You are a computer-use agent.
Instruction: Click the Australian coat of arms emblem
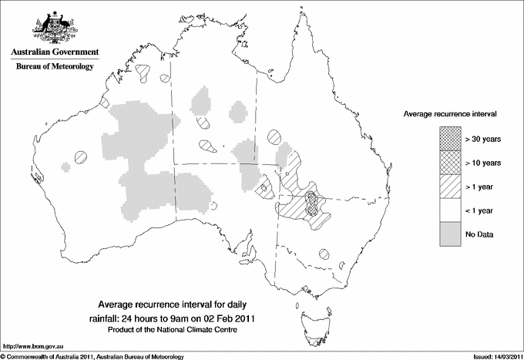point(54,28)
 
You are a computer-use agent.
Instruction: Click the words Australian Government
point(54,52)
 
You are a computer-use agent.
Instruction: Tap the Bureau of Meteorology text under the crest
point(55,67)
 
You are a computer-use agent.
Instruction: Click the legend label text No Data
point(479,234)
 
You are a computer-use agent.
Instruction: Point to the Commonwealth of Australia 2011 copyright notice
point(92,356)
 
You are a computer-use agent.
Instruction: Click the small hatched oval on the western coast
point(81,156)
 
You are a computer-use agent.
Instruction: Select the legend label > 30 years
point(482,140)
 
